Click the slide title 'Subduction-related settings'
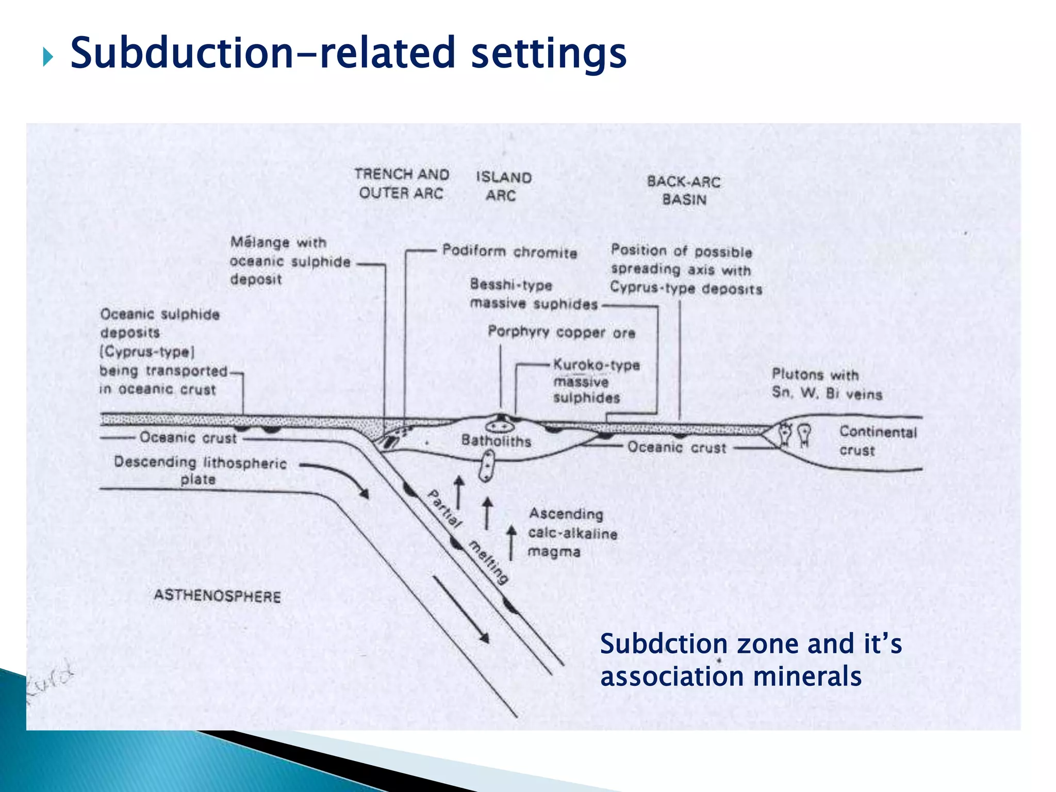348,53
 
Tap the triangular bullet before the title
48,57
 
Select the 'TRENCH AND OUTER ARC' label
402,184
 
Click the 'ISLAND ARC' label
503,186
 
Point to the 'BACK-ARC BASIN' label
684,190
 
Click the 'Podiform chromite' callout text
509,252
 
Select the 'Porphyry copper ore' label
561,332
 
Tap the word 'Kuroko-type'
597,365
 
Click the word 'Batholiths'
496,441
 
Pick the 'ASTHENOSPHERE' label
218,596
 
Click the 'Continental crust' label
878,441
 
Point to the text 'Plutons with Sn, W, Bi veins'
826,384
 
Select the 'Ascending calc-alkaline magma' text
572,533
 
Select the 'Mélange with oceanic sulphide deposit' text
290,261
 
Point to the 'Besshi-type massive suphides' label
533,294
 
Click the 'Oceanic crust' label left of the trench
188,438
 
